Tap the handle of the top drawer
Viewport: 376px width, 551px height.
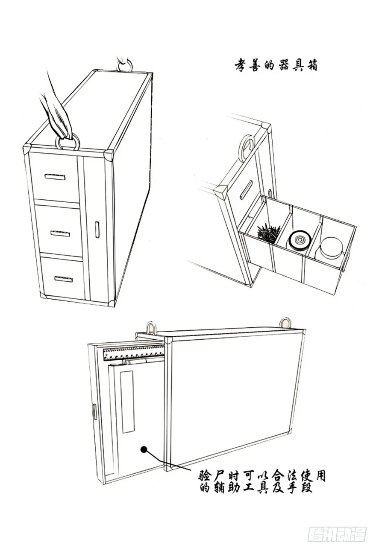pyautogui.click(x=55, y=177)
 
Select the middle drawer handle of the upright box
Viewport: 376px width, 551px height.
pyautogui.click(x=60, y=233)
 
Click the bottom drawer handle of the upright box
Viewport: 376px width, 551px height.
pyautogui.click(x=64, y=279)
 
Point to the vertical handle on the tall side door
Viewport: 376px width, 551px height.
pyautogui.click(x=97, y=230)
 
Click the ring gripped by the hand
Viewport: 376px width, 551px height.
pyautogui.click(x=67, y=143)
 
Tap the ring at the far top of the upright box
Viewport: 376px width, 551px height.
pyautogui.click(x=125, y=66)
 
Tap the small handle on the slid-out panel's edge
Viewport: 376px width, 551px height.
pyautogui.click(x=94, y=411)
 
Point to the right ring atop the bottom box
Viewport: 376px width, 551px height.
pyautogui.click(x=285, y=323)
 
